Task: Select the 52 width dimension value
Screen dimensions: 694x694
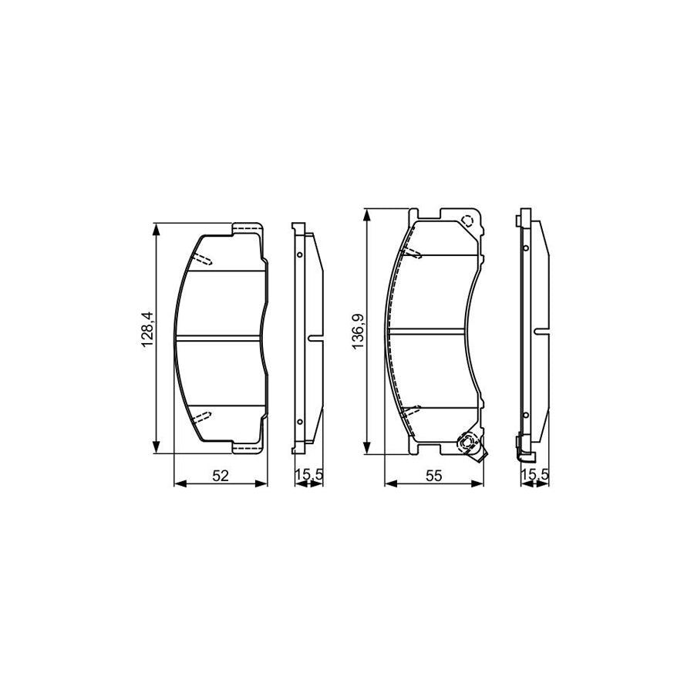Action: (221, 476)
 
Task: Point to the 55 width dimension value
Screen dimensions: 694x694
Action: (433, 476)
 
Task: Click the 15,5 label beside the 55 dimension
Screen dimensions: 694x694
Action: (534, 476)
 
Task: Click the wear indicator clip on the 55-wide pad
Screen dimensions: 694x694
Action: (468, 444)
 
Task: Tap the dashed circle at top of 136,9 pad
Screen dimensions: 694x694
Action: (467, 222)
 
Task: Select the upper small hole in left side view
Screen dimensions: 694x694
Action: (299, 254)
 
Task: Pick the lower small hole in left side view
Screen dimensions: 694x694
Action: (299, 420)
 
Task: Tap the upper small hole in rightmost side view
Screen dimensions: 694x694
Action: (525, 248)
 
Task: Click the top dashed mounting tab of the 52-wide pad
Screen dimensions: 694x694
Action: (248, 227)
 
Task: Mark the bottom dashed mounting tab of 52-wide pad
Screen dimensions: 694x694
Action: (248, 446)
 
